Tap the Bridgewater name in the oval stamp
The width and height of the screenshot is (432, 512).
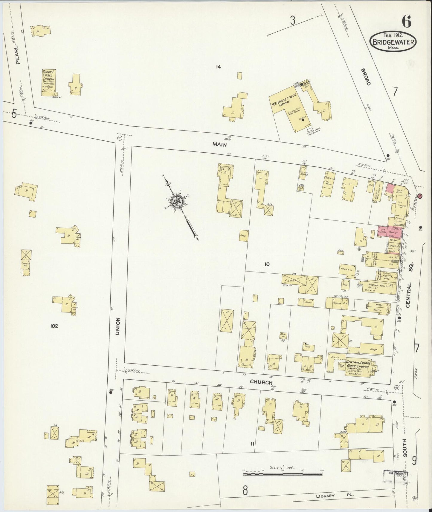tap(393, 42)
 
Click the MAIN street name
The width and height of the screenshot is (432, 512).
tap(219, 144)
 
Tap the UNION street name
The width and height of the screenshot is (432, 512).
tap(118, 326)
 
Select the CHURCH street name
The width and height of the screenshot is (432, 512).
tap(261, 382)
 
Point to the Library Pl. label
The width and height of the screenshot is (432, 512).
tap(335, 496)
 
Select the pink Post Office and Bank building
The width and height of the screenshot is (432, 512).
tap(390, 232)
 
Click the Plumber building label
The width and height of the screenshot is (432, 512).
tap(347, 270)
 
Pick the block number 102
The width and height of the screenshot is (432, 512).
tap(54, 326)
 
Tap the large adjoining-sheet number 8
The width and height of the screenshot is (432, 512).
tap(245, 490)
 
